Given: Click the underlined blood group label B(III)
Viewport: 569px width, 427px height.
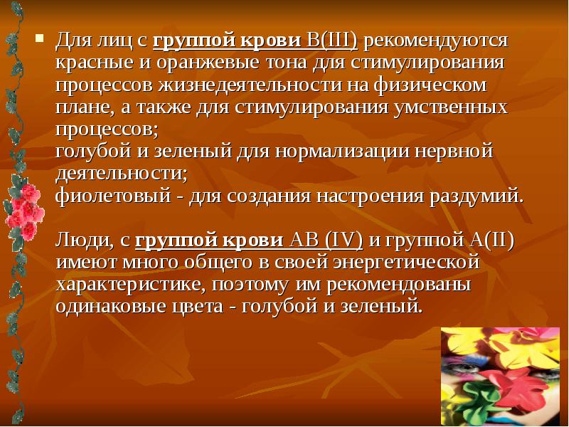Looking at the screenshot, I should pos(331,41).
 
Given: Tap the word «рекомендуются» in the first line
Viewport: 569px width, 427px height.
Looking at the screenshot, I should pos(436,41).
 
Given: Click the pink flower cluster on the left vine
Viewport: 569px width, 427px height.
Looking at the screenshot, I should pos(23,207).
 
